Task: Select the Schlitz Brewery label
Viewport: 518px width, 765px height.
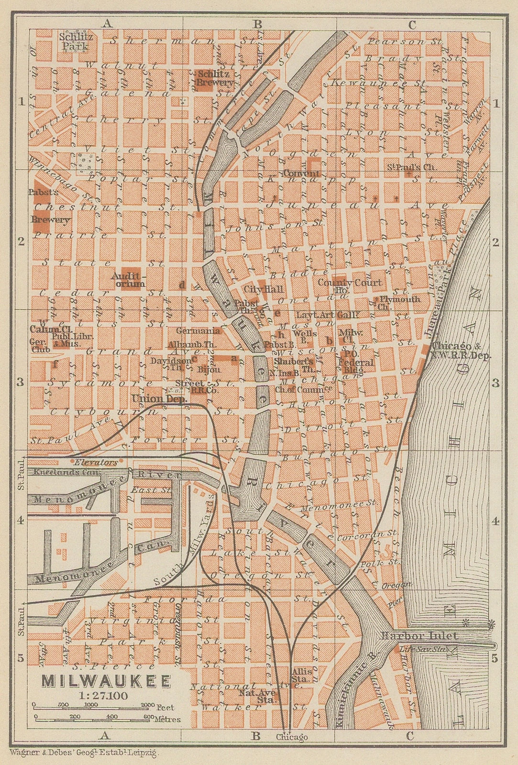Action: (x=215, y=78)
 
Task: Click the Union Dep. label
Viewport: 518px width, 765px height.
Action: (x=159, y=398)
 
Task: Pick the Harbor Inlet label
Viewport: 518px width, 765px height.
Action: (x=419, y=636)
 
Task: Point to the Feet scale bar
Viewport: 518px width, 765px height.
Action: (x=93, y=705)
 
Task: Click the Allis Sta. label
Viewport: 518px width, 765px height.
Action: (x=302, y=675)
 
